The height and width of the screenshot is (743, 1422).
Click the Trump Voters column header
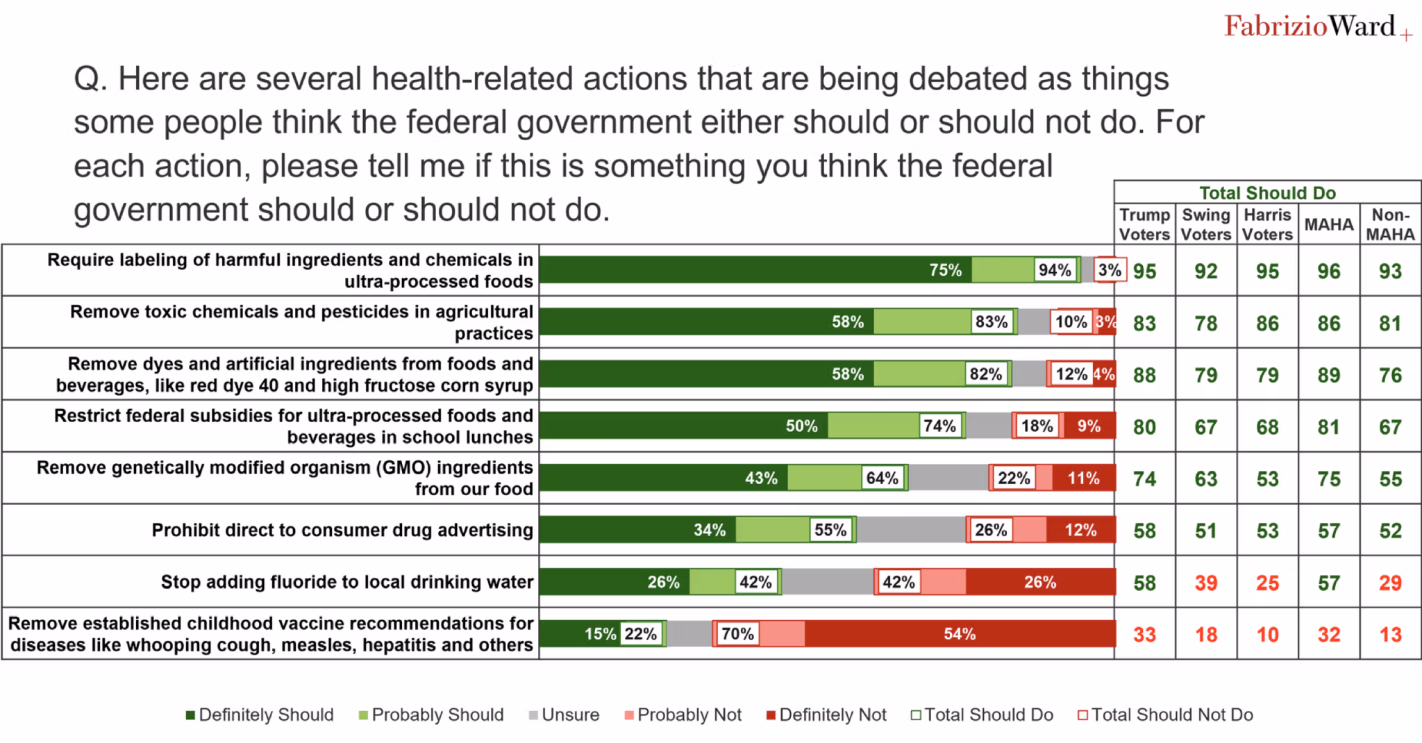click(x=1144, y=224)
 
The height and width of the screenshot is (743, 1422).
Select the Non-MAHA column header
click(x=1390, y=224)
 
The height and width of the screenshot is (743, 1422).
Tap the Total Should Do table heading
click(x=1267, y=192)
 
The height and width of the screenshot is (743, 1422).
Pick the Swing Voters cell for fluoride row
click(x=1206, y=583)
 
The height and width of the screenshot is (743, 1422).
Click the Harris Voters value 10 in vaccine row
click(x=1267, y=635)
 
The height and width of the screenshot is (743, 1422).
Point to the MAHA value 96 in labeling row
click(x=1329, y=271)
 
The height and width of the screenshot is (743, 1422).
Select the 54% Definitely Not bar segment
click(x=960, y=633)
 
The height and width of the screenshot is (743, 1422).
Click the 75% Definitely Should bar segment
click(x=755, y=269)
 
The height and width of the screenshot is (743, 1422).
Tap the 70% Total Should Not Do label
click(x=737, y=633)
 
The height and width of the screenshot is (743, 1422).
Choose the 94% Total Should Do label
click(x=1055, y=269)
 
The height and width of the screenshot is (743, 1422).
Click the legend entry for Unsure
click(x=564, y=715)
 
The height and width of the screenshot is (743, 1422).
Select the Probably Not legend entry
click(x=683, y=715)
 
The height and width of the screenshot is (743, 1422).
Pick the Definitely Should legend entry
click(x=260, y=715)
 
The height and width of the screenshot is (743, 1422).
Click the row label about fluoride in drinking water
click(x=347, y=582)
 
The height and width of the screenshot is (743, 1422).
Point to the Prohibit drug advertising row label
click(x=342, y=530)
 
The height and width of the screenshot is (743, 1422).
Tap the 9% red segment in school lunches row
click(x=1089, y=426)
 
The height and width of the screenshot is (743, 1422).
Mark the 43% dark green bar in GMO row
click(x=664, y=478)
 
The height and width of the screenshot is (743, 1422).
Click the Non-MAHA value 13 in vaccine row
click(x=1390, y=635)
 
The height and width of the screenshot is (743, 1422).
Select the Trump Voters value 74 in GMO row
click(x=1144, y=479)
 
